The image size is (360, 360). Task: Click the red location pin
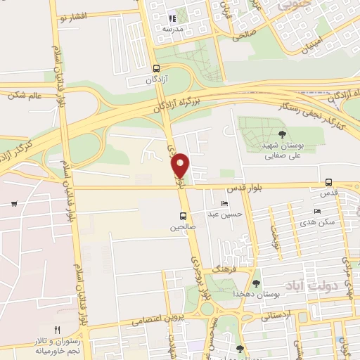181,165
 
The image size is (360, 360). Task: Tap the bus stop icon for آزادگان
156,69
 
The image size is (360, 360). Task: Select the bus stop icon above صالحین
183,216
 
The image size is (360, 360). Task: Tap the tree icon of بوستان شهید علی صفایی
283,134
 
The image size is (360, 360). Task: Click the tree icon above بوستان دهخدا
256,282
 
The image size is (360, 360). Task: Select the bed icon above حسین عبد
224,203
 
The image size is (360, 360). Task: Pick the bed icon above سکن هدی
317,211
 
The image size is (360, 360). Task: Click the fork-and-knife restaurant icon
58,329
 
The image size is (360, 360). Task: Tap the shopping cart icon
13,204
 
